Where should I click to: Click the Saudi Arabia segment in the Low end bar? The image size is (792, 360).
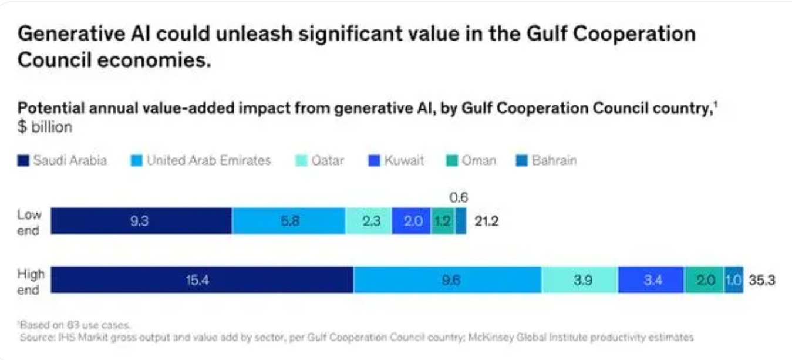click(141, 221)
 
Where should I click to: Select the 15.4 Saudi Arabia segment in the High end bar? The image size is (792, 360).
click(202, 280)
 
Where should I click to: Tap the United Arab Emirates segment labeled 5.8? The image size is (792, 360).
click(288, 221)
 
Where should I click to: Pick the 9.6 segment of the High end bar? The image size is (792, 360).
click(447, 280)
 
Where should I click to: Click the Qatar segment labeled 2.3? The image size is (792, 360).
click(369, 221)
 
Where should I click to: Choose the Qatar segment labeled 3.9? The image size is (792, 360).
click(579, 280)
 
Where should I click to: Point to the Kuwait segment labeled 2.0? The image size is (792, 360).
click(412, 221)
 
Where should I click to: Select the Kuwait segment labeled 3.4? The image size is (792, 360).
click(651, 280)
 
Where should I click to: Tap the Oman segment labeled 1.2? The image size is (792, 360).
click(443, 221)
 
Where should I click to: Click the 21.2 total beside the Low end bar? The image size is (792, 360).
click(487, 221)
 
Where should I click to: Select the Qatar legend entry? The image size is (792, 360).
click(319, 160)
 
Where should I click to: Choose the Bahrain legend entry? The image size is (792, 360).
click(546, 160)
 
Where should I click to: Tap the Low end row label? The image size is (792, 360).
click(29, 222)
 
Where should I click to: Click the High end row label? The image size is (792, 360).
click(31, 281)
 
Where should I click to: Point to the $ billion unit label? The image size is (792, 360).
click(45, 126)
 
